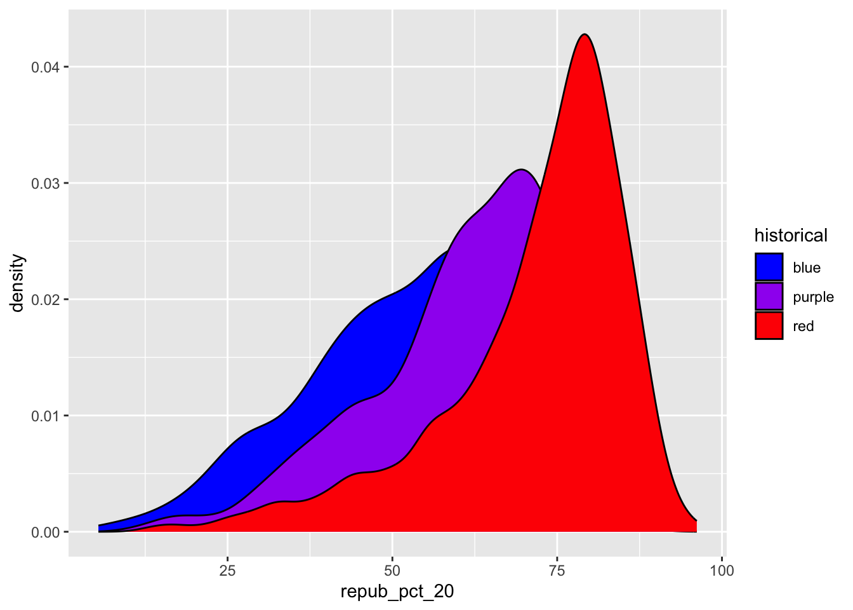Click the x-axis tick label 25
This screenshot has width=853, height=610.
(227, 571)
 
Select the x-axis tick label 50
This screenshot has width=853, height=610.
(392, 571)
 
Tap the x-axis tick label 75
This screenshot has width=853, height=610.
(557, 571)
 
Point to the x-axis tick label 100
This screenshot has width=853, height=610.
(722, 571)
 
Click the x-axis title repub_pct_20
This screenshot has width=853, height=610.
(397, 592)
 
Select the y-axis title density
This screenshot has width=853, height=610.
(18, 283)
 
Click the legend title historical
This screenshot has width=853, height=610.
(791, 236)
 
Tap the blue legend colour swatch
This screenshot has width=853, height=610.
(769, 268)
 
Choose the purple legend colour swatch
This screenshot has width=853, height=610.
(769, 297)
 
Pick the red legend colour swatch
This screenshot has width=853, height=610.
(769, 326)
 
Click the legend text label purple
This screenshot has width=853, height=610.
(813, 297)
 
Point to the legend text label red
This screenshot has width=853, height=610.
(803, 327)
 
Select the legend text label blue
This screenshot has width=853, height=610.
(807, 268)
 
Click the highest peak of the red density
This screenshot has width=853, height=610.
(585, 34)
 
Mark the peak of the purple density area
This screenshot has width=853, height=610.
(521, 170)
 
